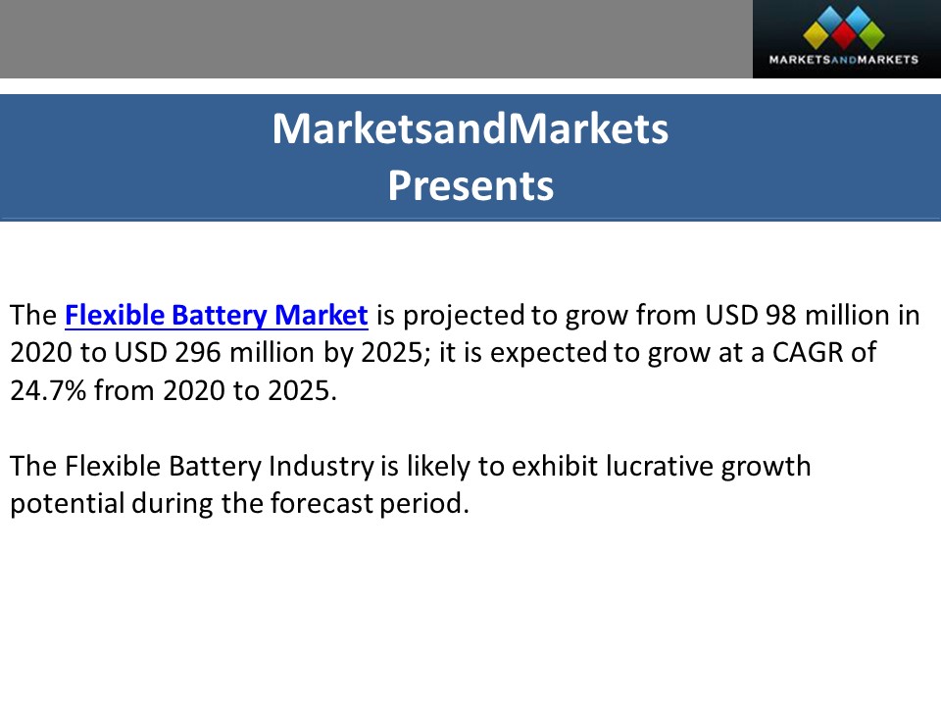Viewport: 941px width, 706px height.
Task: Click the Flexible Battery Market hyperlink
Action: (x=216, y=316)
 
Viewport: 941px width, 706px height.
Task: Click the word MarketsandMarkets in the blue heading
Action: (x=470, y=129)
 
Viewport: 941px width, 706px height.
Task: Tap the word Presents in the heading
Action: (x=470, y=185)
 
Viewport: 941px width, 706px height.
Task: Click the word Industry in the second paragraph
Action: (x=319, y=466)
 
